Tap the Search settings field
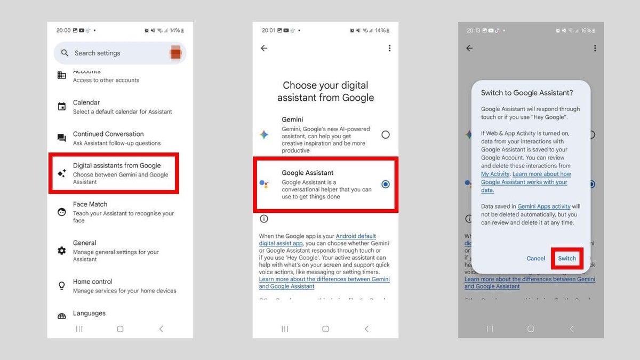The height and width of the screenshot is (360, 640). [112, 53]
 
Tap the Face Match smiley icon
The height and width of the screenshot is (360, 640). [62, 212]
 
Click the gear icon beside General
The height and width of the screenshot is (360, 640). [62, 251]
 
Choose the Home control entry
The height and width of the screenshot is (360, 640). [124, 286]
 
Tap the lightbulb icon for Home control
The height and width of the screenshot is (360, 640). [62, 286]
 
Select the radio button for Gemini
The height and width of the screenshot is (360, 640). [386, 135]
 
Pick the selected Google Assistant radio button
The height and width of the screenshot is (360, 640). [386, 185]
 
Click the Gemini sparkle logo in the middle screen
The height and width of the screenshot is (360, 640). [264, 135]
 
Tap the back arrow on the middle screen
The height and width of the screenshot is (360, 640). [264, 48]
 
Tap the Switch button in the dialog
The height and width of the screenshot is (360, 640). [567, 259]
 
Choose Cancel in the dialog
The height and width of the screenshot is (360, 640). [536, 259]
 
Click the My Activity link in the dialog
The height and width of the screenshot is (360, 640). [495, 174]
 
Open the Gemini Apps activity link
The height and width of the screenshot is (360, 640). [544, 206]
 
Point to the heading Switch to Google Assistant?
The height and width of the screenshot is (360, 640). [527, 93]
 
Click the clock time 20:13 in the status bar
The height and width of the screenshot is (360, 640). [473, 31]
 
